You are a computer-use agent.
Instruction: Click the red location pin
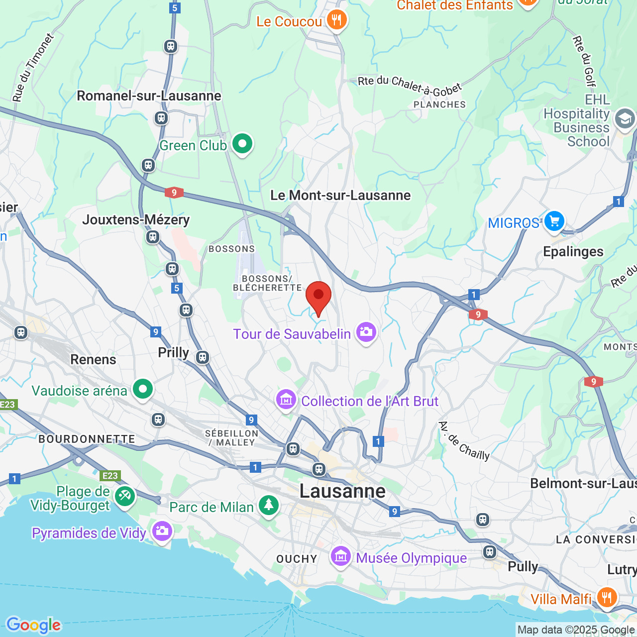coord(318,297)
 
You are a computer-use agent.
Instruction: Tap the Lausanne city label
coord(342,491)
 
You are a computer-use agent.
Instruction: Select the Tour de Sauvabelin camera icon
coord(366,332)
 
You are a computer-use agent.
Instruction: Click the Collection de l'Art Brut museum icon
coord(286,400)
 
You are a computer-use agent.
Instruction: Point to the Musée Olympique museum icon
coord(341,556)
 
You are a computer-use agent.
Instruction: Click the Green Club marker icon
coord(242,144)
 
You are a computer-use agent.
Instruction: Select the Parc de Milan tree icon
coord(269,506)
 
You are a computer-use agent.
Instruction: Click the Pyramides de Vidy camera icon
coord(162,531)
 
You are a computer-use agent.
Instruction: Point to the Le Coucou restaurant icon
coord(337,20)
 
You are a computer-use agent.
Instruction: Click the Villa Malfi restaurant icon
coord(607,597)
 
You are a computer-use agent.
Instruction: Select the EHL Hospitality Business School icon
coord(625,119)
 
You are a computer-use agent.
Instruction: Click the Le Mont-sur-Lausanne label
coord(340,195)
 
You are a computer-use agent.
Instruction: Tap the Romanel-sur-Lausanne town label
coord(149,96)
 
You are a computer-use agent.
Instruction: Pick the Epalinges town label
coord(573,251)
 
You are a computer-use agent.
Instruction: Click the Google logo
coord(33,625)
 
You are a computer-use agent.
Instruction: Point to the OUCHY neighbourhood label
coord(297,559)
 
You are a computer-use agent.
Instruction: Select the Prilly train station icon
coord(202,357)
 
